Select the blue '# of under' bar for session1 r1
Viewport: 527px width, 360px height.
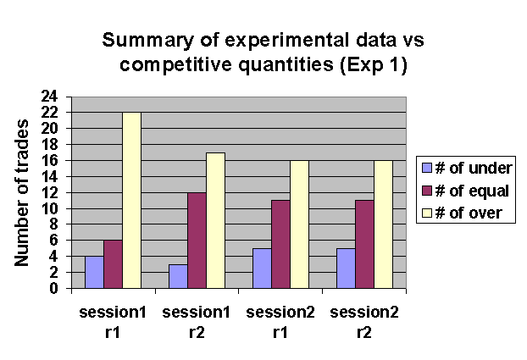coord(94,272)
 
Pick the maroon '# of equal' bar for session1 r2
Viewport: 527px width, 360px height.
coord(197,240)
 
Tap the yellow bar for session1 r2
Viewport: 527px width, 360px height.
coord(215,220)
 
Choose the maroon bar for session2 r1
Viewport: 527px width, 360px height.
coord(280,244)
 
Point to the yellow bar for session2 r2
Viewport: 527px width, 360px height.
coord(381,224)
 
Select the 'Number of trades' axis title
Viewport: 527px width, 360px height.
coord(24,192)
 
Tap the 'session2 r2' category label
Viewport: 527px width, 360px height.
coord(364,322)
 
